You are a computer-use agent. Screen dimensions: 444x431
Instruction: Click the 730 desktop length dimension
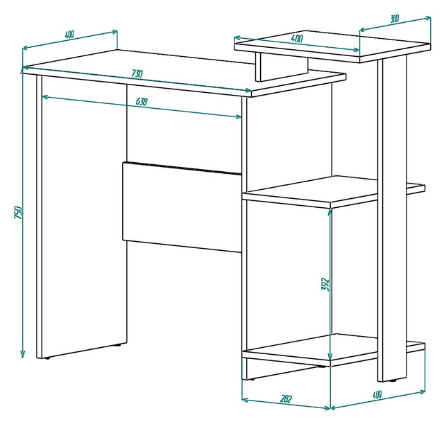[137, 74]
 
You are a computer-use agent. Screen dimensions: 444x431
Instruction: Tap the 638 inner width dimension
[142, 101]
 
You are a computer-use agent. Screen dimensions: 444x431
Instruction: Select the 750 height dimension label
[18, 213]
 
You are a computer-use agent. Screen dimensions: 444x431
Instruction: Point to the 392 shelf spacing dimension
[325, 285]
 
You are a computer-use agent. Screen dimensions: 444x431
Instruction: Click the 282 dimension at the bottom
[286, 398]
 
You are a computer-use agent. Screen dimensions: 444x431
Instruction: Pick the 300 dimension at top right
[395, 19]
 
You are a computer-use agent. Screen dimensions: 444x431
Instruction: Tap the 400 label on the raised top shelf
[297, 38]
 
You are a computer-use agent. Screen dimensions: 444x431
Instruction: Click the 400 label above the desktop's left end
[69, 35]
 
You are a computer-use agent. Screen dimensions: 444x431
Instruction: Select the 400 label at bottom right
[377, 394]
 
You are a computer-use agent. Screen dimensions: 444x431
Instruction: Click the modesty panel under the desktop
[182, 207]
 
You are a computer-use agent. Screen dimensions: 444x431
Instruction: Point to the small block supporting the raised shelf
[282, 67]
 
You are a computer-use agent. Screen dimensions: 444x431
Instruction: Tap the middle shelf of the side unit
[334, 191]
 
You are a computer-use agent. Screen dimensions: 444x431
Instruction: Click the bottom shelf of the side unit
[334, 350]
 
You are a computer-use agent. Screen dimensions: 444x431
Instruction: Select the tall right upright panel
[392, 218]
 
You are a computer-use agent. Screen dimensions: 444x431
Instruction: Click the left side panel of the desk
[82, 217]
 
